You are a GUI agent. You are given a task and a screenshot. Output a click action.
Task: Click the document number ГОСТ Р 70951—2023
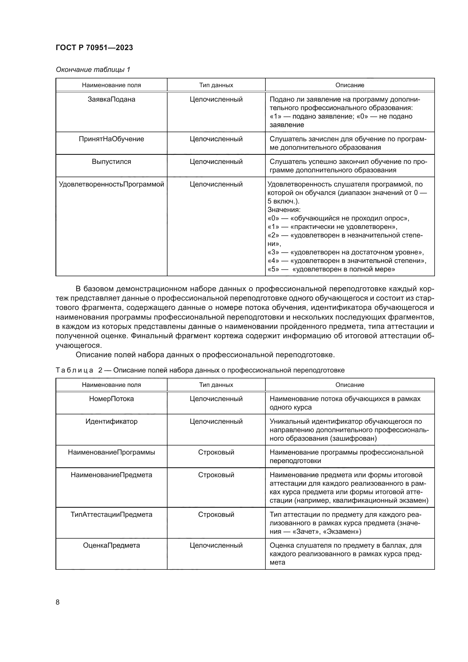click(94, 48)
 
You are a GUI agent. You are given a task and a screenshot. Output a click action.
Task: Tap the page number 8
click(58, 602)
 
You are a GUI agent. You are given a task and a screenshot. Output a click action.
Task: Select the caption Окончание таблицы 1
click(93, 70)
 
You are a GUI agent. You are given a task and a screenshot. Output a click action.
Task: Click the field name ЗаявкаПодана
click(111, 99)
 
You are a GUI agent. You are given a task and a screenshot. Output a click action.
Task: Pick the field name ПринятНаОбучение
click(111, 139)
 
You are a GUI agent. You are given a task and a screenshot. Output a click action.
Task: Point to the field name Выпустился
click(111, 161)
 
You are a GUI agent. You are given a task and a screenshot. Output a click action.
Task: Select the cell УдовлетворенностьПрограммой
click(111, 184)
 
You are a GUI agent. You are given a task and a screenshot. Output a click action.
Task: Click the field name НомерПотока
click(111, 399)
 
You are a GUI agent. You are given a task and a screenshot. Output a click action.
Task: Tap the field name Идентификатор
click(111, 421)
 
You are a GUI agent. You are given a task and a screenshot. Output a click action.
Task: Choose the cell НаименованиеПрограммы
click(111, 452)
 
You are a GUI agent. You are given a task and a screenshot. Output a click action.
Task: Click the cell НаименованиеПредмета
click(111, 475)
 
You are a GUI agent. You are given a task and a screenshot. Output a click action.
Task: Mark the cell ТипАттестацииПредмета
click(111, 514)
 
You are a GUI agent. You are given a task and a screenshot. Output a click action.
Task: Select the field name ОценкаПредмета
click(111, 545)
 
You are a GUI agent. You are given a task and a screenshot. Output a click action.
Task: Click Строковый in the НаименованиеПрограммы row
click(216, 452)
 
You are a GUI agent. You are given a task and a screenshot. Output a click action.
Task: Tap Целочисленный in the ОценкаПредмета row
click(216, 545)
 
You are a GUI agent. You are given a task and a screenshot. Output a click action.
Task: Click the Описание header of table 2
click(349, 385)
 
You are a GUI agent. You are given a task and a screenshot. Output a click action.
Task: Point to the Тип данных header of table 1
click(216, 85)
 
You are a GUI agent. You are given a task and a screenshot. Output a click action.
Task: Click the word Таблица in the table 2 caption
click(74, 370)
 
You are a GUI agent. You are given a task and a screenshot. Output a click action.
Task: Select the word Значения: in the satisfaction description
click(284, 210)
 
